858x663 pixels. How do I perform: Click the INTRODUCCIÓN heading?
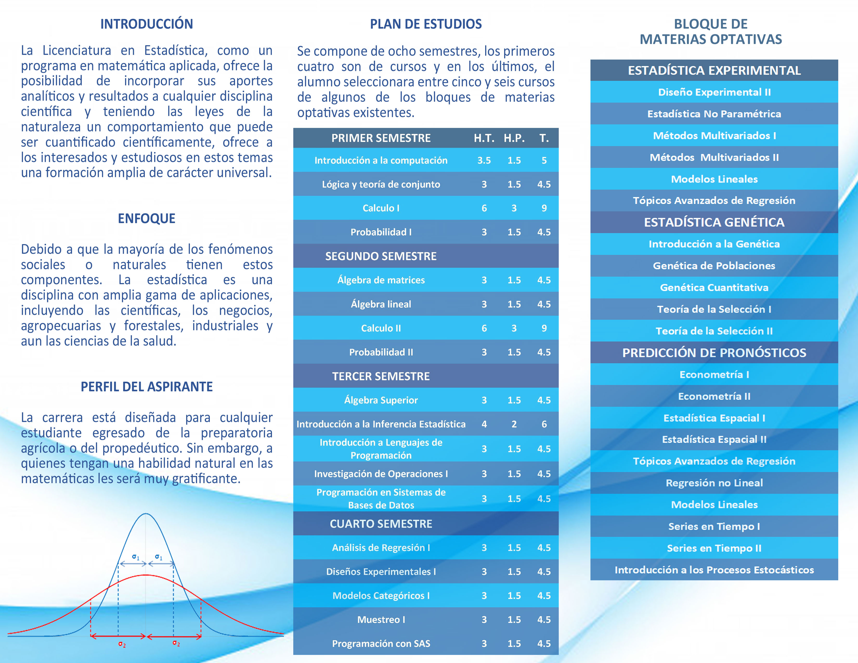147,24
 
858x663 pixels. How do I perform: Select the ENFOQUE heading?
147,218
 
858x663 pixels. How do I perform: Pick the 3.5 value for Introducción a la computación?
484,160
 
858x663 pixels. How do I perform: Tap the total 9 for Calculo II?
544,328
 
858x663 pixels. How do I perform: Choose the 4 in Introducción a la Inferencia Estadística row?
484,424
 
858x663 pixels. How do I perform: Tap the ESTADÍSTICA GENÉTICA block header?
714,222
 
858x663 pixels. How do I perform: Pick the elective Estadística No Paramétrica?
714,114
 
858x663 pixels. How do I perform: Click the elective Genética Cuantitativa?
714,288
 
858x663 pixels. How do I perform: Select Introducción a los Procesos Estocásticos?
714,570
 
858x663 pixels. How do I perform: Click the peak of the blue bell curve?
146,514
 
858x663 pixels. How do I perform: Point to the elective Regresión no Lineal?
714,483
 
